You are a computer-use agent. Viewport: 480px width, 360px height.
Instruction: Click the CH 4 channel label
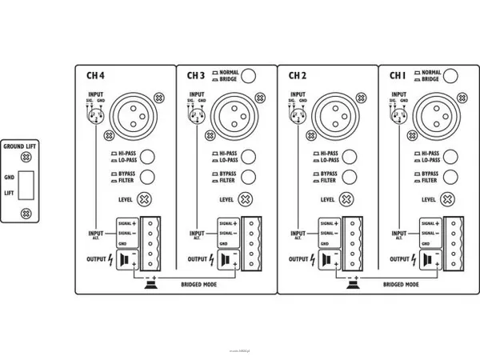pyautogui.click(x=95, y=76)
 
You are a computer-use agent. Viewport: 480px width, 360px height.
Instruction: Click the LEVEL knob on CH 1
pyautogui.click(x=450, y=198)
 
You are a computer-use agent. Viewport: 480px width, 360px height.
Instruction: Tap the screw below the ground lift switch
pyautogui.click(x=26, y=213)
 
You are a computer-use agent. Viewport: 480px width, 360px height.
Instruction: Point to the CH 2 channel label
pyautogui.click(x=297, y=76)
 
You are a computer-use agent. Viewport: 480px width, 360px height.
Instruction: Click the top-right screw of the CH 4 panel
pyautogui.click(x=159, y=98)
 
